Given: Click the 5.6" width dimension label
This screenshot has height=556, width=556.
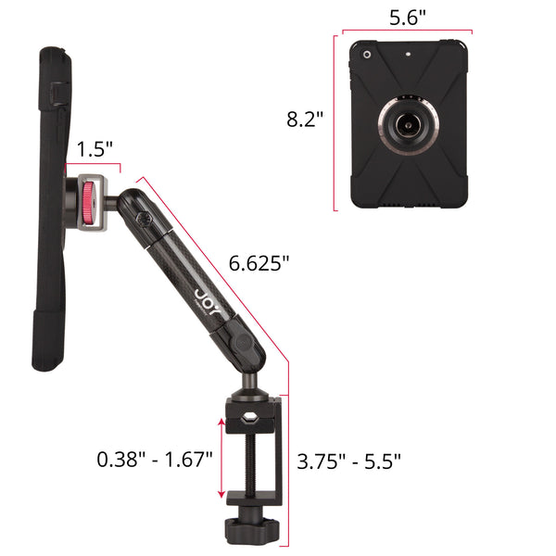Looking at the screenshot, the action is point(408,18).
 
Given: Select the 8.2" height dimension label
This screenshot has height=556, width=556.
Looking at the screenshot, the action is point(305,119).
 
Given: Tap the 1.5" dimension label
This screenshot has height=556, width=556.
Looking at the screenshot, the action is point(95,149).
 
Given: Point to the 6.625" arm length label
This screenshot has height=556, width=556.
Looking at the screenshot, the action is point(259,263).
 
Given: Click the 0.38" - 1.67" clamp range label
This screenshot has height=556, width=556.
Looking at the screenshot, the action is point(155,460).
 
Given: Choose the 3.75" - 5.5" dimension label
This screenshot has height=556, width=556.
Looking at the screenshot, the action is point(349,461).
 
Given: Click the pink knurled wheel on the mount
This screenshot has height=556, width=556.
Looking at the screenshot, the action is point(88,203).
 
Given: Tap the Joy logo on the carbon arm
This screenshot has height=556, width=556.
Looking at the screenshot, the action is point(207,302).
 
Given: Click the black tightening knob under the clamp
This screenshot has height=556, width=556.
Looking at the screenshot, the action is point(251,529).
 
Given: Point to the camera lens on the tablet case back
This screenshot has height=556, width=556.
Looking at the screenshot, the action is point(367,55).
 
